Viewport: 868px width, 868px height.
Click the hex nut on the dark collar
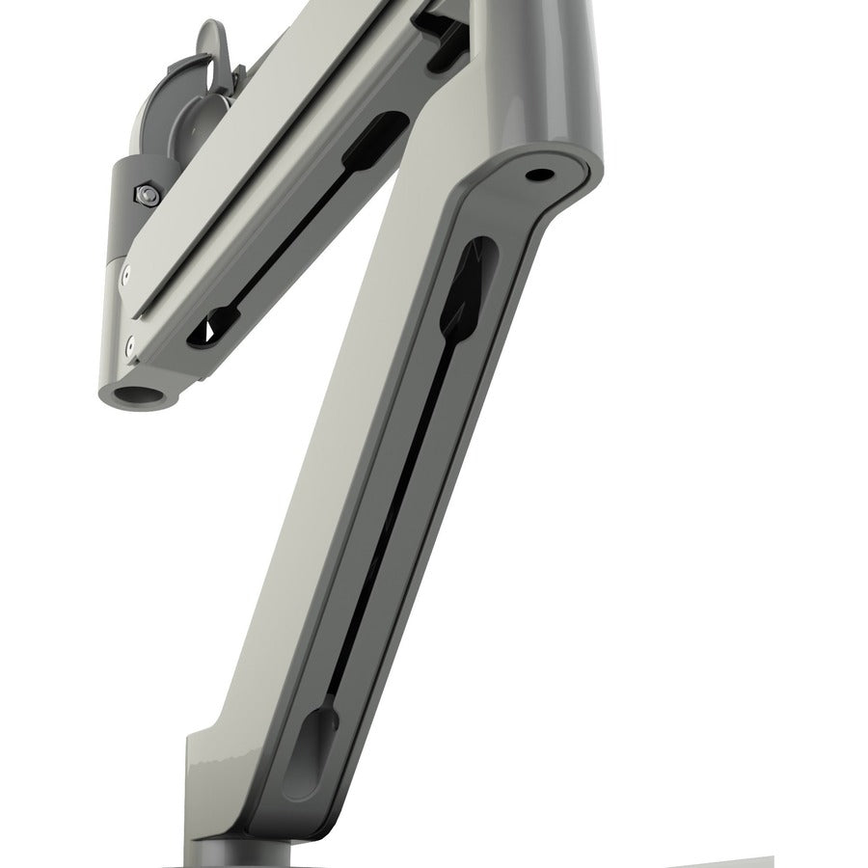(146, 197)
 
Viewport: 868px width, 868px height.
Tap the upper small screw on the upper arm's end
(123, 279)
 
